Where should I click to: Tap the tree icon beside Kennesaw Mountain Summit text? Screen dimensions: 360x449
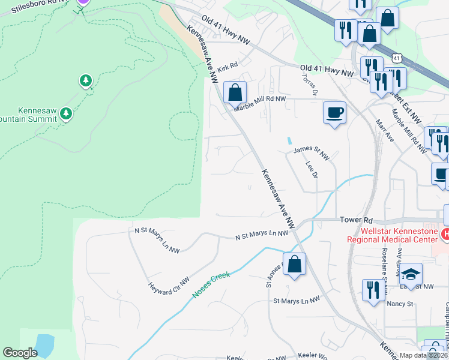click(65, 113)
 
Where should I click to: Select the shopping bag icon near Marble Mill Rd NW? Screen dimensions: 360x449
click(235, 93)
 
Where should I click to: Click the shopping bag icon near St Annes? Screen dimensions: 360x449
click(294, 265)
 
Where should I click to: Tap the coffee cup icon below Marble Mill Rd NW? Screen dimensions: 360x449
click(334, 112)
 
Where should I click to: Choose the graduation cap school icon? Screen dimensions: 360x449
click(411, 274)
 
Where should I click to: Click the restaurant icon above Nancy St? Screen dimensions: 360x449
click(373, 290)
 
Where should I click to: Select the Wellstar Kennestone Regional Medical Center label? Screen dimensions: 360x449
click(390, 235)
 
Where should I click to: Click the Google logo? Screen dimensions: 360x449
click(20, 353)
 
